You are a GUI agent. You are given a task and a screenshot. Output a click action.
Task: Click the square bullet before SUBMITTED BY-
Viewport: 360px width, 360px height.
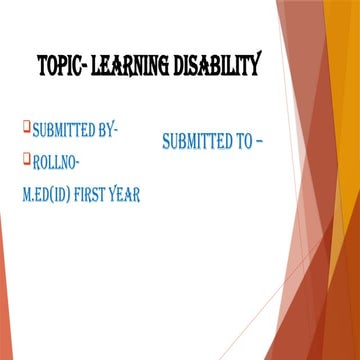[x=27, y=127]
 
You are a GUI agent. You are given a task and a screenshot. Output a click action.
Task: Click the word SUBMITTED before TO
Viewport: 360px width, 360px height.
[x=198, y=142]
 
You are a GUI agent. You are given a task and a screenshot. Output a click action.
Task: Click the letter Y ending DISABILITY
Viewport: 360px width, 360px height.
[x=256, y=68]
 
